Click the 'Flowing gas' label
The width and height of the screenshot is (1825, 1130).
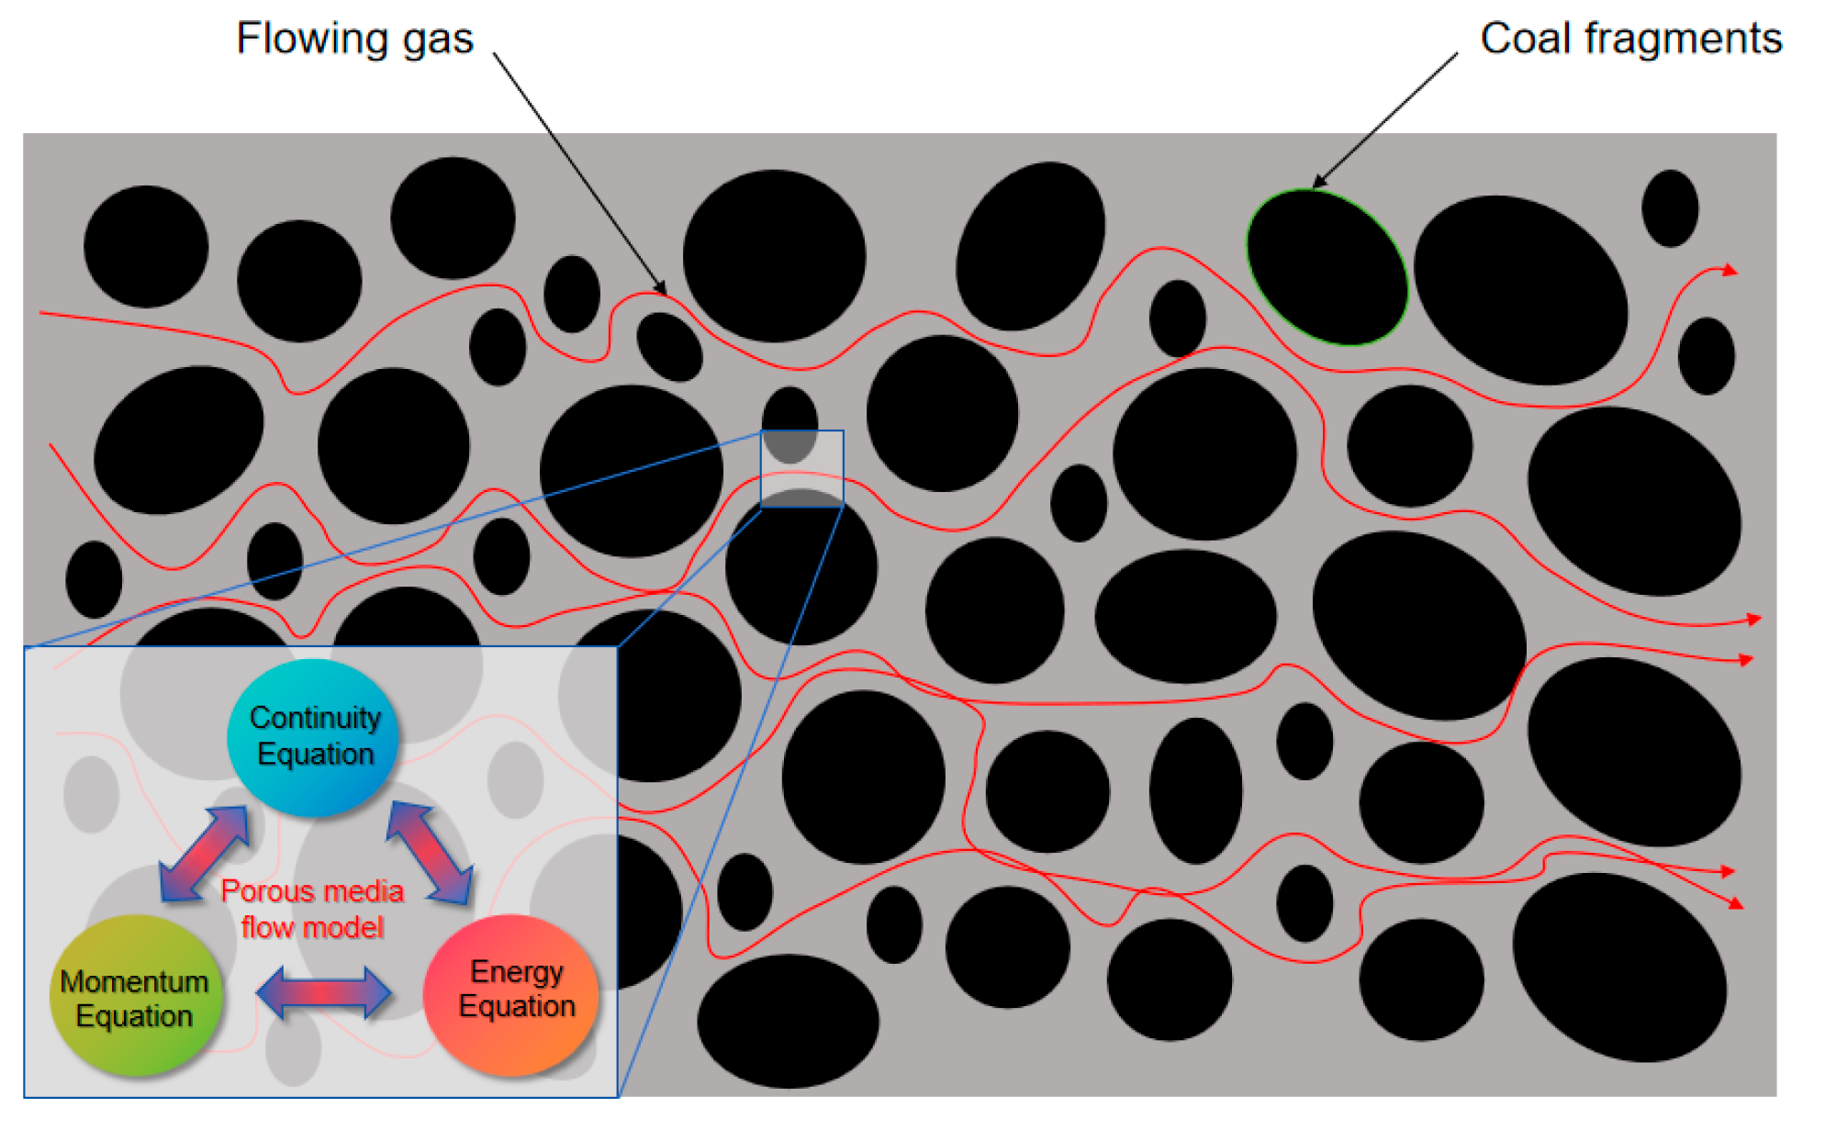(354, 39)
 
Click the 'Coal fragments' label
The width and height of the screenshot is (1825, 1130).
(1630, 39)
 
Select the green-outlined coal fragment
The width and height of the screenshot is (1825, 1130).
(1327, 267)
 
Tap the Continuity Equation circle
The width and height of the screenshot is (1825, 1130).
(314, 736)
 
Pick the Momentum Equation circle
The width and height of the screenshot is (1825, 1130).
(135, 997)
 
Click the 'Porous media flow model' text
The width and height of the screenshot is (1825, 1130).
(312, 909)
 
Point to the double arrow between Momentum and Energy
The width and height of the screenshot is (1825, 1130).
(323, 992)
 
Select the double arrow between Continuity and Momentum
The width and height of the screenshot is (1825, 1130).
(204, 854)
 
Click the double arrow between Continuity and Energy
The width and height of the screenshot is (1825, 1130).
(430, 852)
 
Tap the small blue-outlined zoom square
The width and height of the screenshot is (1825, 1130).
(801, 468)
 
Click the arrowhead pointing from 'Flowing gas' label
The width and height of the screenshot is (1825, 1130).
(660, 287)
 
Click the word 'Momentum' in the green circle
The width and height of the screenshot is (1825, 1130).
(134, 981)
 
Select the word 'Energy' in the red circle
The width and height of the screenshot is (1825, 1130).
(516, 971)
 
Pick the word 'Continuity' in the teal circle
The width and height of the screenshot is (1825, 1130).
(315, 717)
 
